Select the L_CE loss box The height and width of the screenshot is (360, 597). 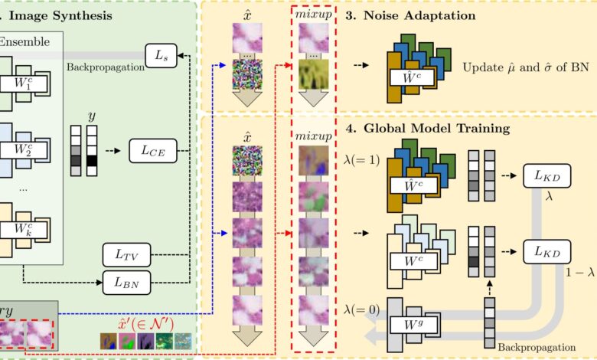153,151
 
